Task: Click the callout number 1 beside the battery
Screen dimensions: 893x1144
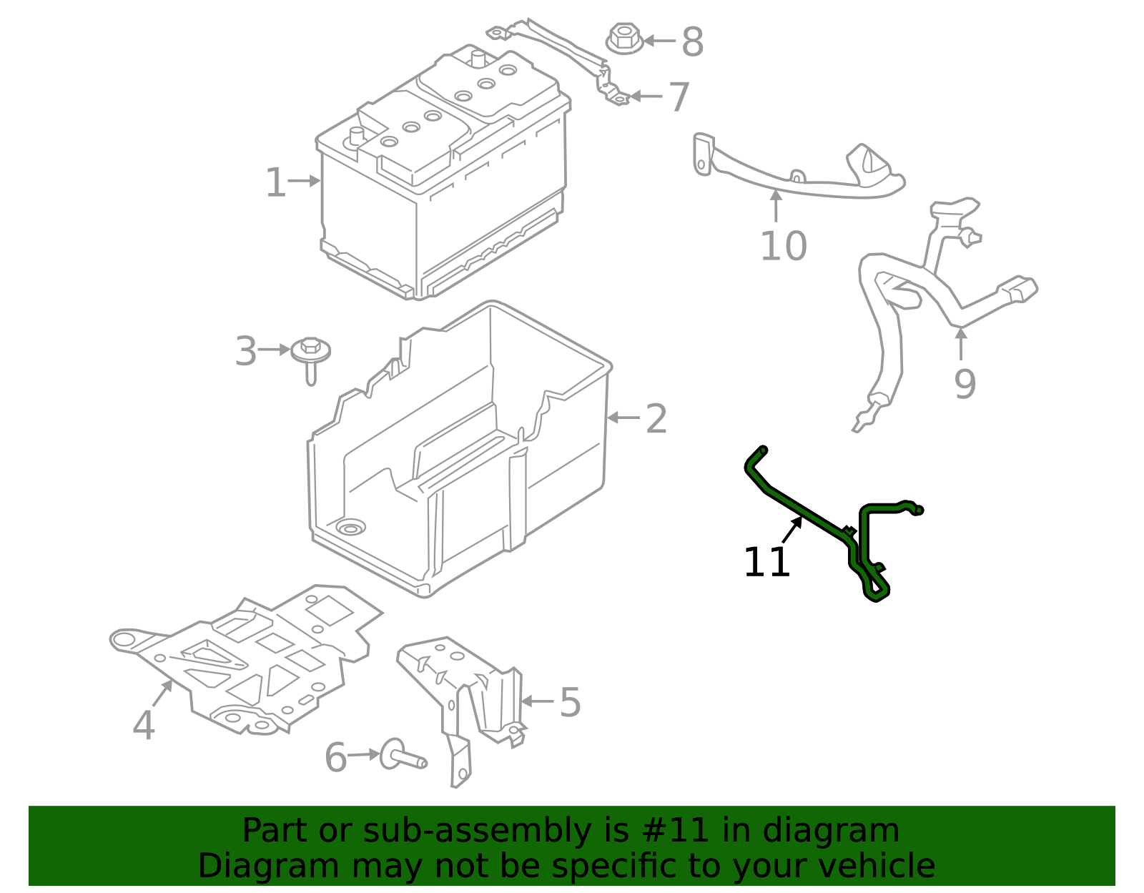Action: tap(275, 183)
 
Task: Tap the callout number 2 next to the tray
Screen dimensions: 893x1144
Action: tap(656, 419)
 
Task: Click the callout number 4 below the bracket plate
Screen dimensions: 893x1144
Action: tap(144, 726)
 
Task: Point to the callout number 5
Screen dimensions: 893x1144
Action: tap(570, 703)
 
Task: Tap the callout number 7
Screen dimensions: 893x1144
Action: tap(679, 97)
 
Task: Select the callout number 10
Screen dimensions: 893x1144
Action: tap(783, 247)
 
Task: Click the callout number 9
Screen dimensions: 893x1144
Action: tap(965, 384)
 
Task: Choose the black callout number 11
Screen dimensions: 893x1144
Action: tap(766, 563)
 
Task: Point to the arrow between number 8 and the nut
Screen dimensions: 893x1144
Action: tap(659, 41)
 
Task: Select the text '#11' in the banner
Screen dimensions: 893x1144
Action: tap(676, 831)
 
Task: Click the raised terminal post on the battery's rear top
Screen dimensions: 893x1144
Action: tap(478, 57)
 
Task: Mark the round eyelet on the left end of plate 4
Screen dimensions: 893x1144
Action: tap(126, 639)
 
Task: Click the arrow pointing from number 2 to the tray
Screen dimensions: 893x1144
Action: tap(623, 418)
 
